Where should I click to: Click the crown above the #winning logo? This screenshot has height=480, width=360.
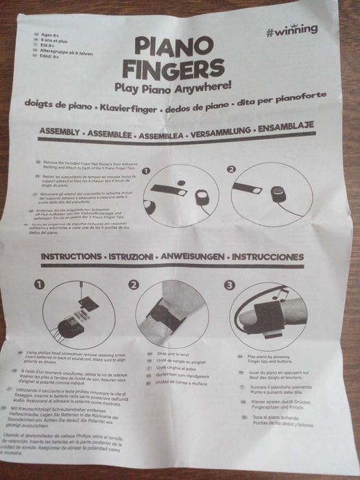[x=313, y=21]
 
